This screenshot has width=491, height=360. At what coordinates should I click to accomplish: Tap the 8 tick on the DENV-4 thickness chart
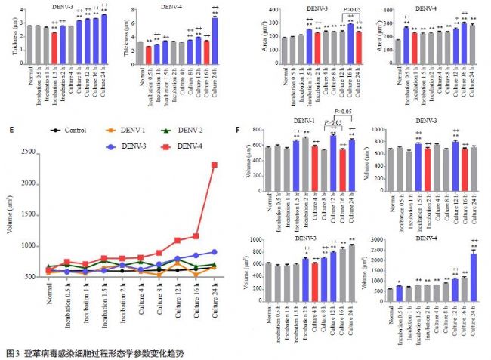(134, 11)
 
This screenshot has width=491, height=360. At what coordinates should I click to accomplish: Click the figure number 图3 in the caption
(12, 352)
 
